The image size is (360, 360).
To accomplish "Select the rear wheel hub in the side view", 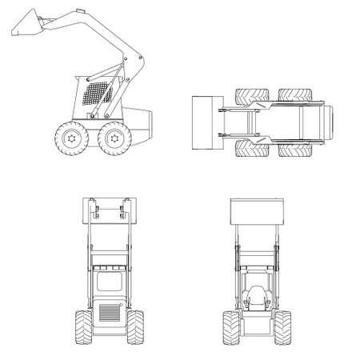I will click(111, 139).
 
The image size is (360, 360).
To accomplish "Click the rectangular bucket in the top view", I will click(203, 122).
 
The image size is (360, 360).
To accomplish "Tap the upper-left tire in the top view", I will click(250, 97).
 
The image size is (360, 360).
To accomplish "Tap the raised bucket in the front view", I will click(255, 211).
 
